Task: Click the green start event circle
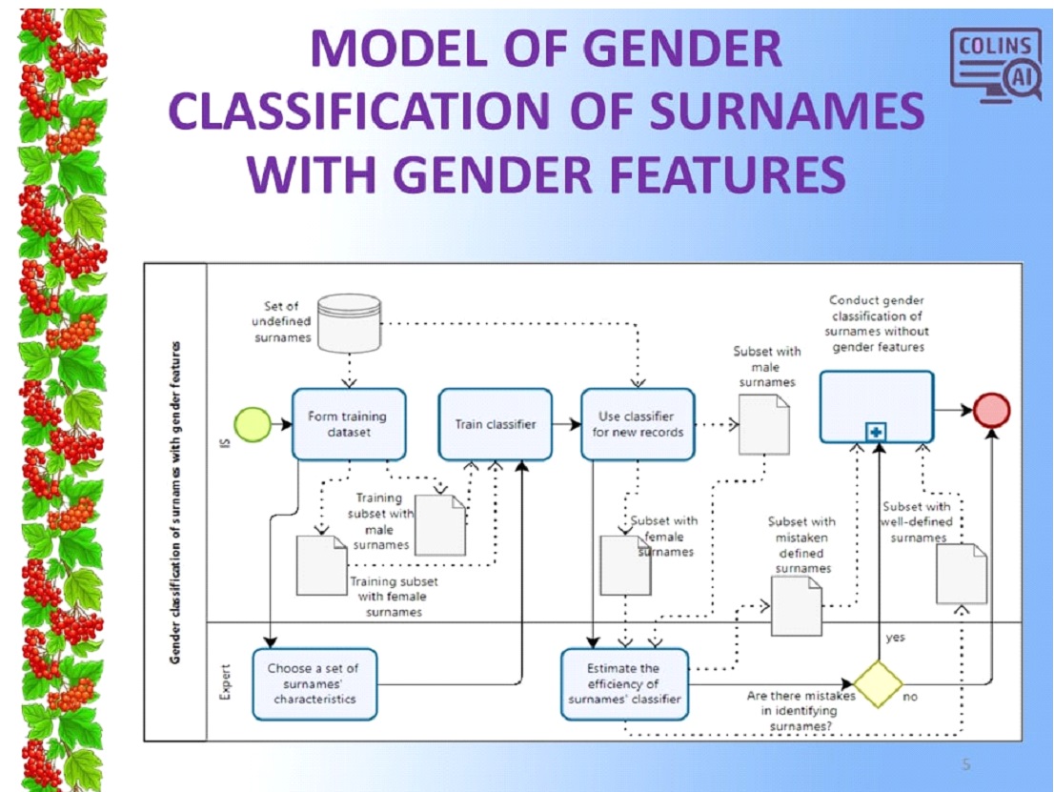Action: (250, 424)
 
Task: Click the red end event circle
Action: (991, 410)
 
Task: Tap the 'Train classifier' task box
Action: (495, 424)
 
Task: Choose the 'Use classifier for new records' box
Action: (637, 424)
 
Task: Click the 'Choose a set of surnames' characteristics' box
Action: (314, 683)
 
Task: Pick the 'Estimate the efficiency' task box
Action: (623, 683)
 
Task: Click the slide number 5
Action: (966, 763)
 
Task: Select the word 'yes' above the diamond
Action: (895, 638)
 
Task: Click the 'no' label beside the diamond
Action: (910, 697)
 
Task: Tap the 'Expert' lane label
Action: (226, 682)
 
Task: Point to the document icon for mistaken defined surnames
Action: (796, 606)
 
